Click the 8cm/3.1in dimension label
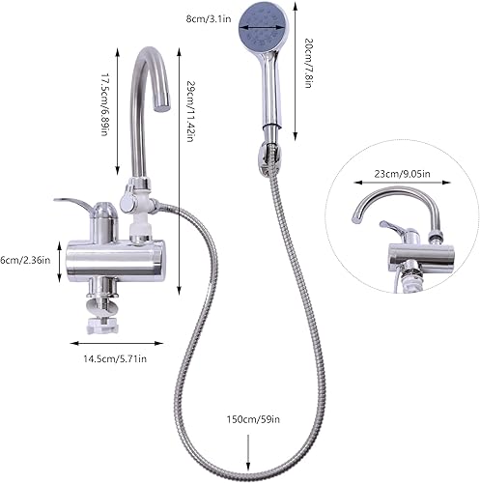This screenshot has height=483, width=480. pos(209,18)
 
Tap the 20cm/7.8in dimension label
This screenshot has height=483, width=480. pos(308,63)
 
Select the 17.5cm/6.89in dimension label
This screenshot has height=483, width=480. pos(105,104)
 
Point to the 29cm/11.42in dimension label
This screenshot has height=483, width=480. pos(190,111)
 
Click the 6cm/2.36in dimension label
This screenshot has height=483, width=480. pos(25,260)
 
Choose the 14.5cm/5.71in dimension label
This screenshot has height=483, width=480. pos(115,358)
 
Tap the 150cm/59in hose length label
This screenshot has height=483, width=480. pos(253,419)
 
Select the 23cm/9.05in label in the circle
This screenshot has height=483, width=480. pos(402,174)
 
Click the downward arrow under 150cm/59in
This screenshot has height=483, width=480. pos(248,453)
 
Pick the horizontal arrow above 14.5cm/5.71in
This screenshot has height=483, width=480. pos(117,343)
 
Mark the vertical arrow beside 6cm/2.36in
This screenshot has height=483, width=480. pos(59,262)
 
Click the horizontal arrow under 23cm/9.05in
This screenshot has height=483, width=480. pos(402,183)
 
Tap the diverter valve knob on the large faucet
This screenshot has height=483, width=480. pos(127,200)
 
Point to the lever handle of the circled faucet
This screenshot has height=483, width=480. pos(393,226)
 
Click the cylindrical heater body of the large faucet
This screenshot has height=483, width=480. pos(116,259)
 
